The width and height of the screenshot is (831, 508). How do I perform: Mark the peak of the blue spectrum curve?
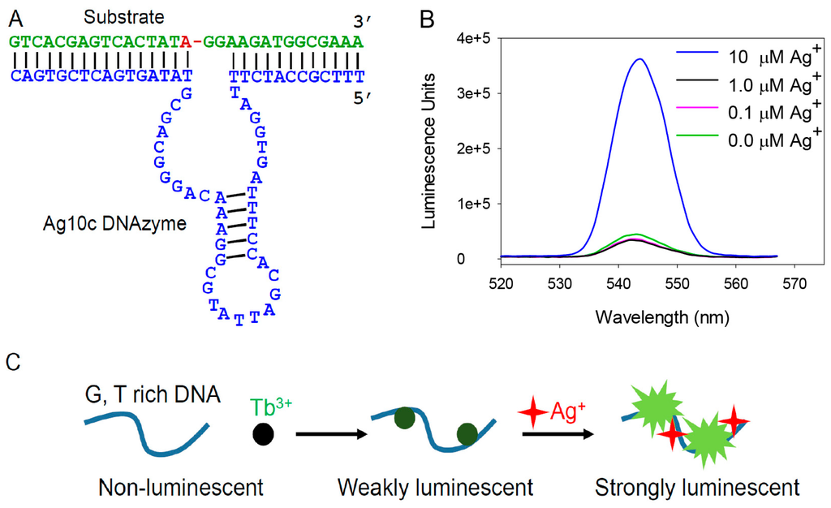tap(639, 58)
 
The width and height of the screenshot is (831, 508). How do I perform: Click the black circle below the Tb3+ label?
tap(263, 433)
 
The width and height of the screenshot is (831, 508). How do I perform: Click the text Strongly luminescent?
tap(697, 488)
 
